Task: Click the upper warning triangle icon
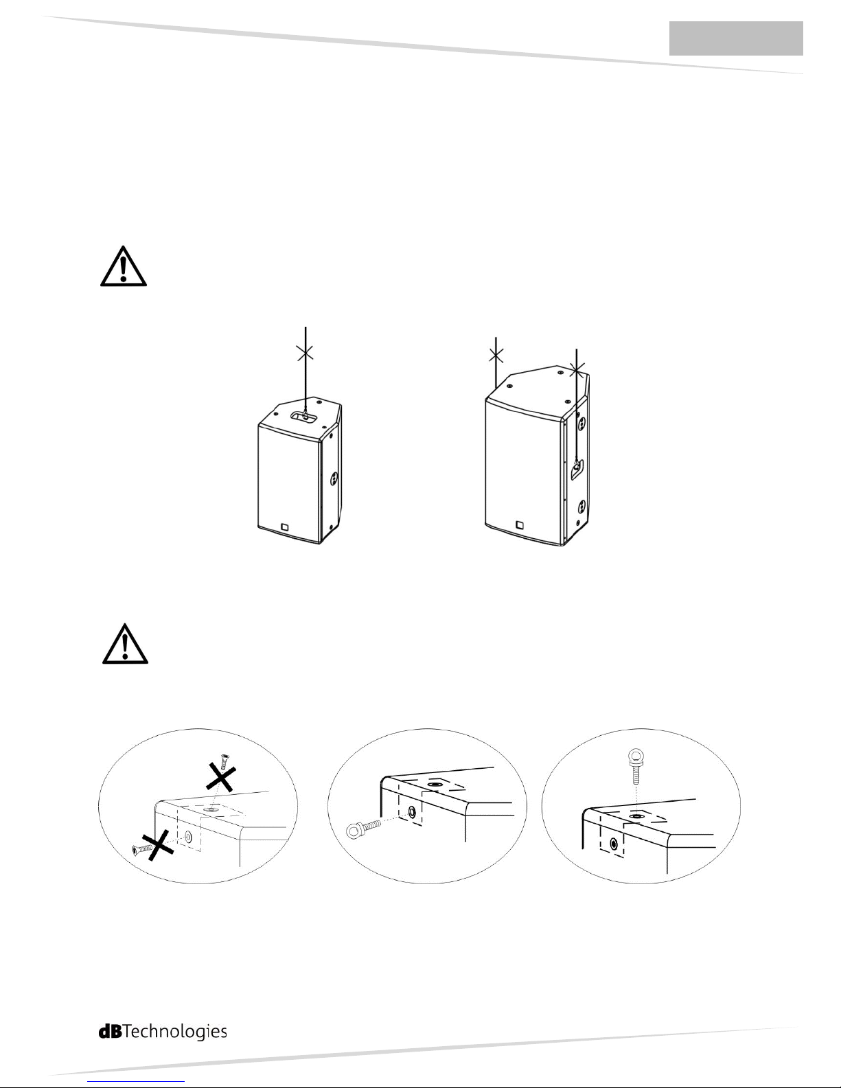coord(124,266)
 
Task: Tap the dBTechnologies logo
coord(163,1032)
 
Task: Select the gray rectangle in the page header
coord(736,38)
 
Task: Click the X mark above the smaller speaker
coord(306,353)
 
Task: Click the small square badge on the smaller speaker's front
coord(286,526)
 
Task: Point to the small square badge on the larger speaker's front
coord(519,524)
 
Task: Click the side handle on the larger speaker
coord(577,469)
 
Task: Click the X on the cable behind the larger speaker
coord(496,356)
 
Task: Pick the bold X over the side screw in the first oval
coord(158,846)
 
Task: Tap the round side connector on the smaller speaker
coord(334,480)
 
